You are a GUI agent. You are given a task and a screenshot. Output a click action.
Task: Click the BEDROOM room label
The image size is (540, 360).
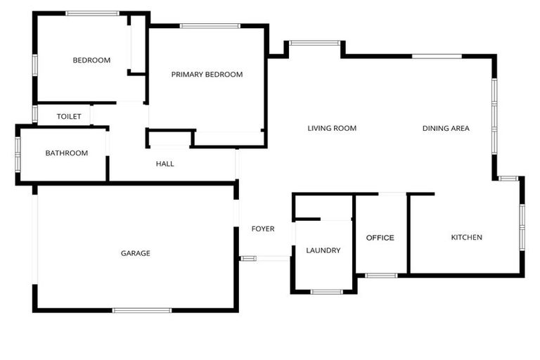(x=91, y=60)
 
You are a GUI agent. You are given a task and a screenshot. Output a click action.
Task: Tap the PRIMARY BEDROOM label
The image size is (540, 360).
(x=207, y=75)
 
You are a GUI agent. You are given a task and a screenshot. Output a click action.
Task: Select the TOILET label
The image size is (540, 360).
(x=69, y=117)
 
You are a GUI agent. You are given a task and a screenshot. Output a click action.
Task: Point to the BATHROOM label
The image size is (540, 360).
(x=67, y=153)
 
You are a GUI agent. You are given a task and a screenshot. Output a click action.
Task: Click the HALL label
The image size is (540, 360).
(x=165, y=164)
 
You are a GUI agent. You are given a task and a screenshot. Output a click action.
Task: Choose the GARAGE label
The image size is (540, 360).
(x=135, y=253)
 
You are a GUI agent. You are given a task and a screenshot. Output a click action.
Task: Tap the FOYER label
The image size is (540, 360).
(x=263, y=229)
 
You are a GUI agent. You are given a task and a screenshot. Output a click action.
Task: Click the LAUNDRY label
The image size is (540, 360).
(x=323, y=250)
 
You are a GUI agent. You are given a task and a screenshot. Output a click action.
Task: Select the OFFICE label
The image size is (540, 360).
(x=380, y=238)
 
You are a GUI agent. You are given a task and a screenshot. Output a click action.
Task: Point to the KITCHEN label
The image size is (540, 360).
(x=467, y=238)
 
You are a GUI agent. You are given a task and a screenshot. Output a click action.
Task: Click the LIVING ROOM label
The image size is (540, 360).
(x=332, y=129)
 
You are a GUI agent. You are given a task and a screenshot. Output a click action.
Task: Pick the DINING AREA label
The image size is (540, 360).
(x=446, y=129)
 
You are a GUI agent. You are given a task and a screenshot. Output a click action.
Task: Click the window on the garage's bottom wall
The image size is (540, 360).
(x=142, y=311)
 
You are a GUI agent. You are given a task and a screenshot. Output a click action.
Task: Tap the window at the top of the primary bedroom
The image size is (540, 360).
(x=210, y=26)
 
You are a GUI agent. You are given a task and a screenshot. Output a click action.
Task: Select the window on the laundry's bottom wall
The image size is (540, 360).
(x=326, y=292)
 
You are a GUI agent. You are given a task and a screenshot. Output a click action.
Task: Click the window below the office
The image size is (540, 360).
(x=381, y=276)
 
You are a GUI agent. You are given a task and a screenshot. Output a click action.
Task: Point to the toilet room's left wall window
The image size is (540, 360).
(x=34, y=114)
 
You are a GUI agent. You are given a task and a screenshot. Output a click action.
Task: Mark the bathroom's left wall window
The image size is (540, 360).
(x=18, y=154)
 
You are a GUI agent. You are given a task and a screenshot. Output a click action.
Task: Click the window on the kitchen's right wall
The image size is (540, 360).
(x=522, y=227)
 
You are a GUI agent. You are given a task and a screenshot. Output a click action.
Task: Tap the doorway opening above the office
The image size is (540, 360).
(x=392, y=194)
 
